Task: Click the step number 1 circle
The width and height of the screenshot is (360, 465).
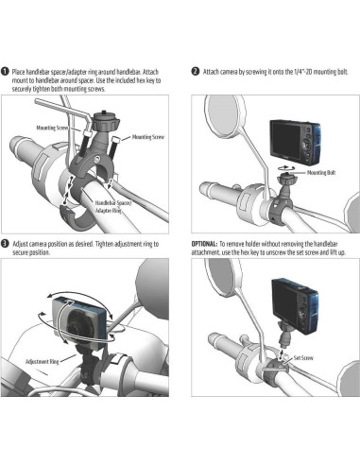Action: click(x=5, y=72)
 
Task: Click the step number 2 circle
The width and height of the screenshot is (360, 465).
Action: click(x=196, y=72)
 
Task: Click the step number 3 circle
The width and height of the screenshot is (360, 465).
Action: click(x=5, y=244)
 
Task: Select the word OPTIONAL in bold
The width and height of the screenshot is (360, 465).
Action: click(x=204, y=244)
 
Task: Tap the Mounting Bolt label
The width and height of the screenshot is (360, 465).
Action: click(x=321, y=173)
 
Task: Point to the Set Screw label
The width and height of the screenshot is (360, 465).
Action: click(x=303, y=358)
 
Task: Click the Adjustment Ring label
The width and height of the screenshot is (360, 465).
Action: click(x=42, y=361)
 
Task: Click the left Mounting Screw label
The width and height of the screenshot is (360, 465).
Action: click(x=52, y=128)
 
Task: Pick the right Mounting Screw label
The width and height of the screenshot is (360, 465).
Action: click(x=148, y=137)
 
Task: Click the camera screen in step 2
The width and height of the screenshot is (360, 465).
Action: click(x=285, y=140)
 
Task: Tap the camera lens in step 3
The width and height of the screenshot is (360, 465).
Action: click(x=77, y=324)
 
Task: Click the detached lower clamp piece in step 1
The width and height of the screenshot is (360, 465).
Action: click(x=77, y=216)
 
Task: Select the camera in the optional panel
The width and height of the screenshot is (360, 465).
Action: click(x=295, y=306)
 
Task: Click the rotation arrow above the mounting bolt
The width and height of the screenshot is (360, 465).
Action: click(x=285, y=168)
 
